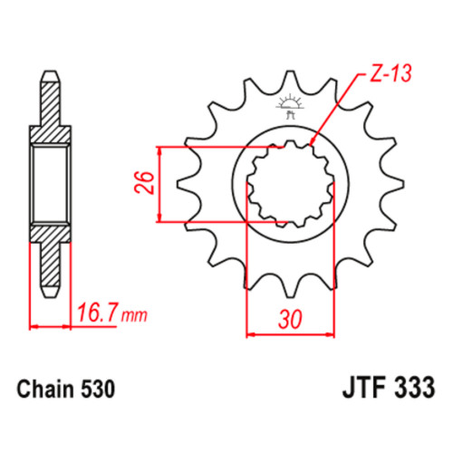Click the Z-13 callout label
click(390, 73)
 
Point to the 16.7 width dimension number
click(97, 313)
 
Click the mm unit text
click(134, 315)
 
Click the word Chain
click(45, 389)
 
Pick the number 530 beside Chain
click(98, 389)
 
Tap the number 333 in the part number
click(415, 388)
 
